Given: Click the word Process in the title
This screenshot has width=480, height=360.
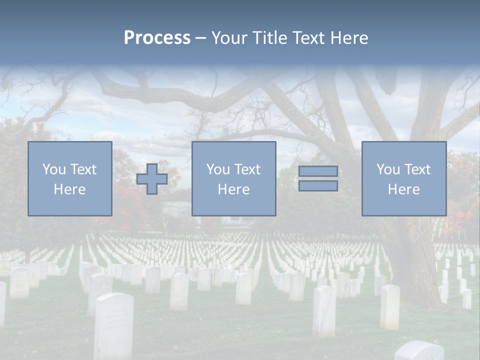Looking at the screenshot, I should tap(157, 38).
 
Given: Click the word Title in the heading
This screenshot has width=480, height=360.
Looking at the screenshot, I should tap(268, 38).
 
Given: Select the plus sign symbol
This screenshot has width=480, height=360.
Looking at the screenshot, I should tap(152, 179).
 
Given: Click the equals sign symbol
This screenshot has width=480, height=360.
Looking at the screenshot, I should tap(318, 178).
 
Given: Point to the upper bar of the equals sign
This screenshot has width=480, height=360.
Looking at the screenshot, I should tap(318, 171).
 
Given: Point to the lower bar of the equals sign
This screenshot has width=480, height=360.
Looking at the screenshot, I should tap(318, 185).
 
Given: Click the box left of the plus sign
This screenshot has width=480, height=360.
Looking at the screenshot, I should tap(69, 178).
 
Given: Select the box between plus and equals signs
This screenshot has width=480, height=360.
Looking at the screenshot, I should tap(233, 178).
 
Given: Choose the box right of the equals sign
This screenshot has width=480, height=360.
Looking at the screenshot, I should tap(403, 178).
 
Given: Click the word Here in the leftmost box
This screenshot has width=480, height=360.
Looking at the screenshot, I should tap(69, 189).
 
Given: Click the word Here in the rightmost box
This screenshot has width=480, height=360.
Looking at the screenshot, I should tap(403, 189).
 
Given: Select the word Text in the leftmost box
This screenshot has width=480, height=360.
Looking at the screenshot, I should tap(83, 169).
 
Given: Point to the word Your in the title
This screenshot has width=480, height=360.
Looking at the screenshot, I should tap(228, 38).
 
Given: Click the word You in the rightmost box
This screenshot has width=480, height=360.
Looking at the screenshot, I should tap(388, 169).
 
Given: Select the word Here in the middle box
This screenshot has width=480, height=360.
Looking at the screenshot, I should tap(233, 189).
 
